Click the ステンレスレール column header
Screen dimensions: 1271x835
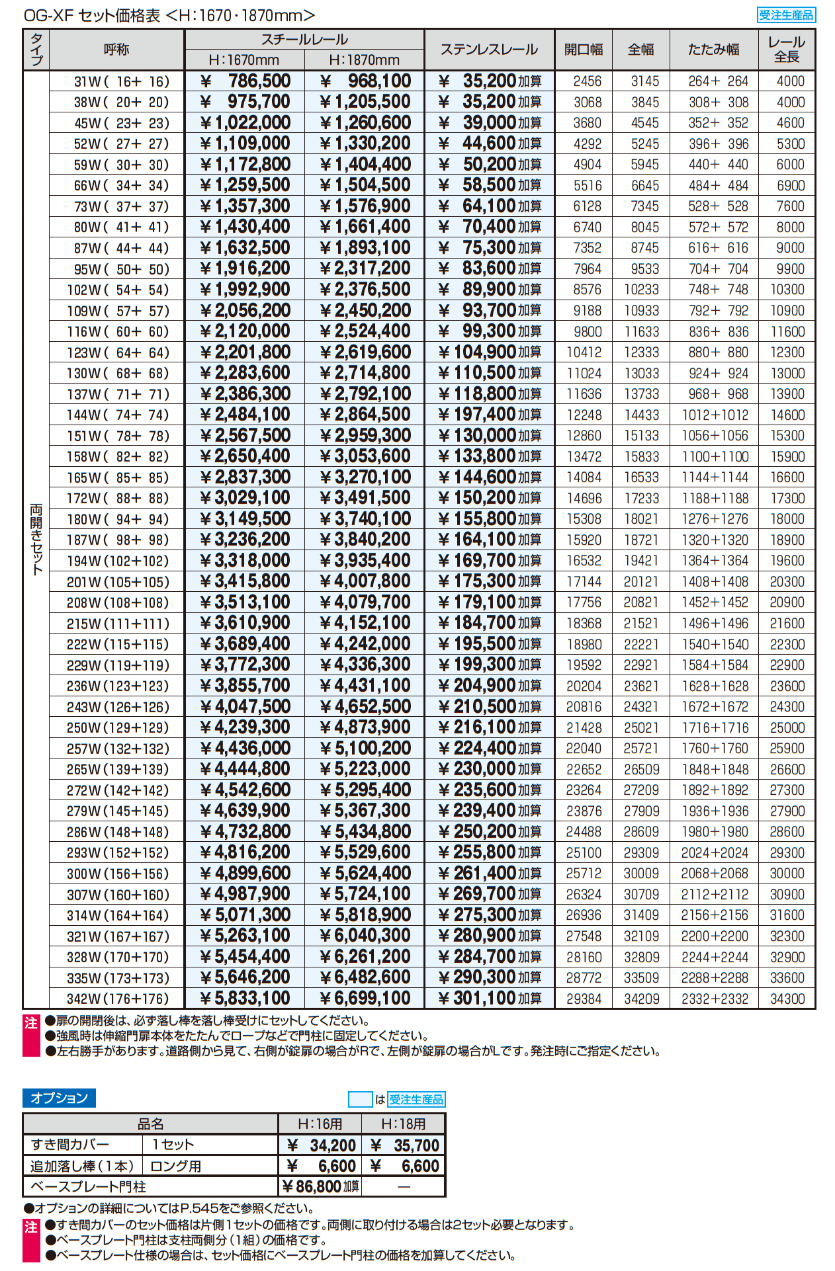point(489,50)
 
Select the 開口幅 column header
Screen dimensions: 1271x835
point(584,50)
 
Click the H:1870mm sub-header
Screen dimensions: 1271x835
point(364,60)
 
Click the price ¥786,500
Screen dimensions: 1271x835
point(245,81)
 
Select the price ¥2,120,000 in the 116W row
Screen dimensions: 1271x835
point(245,331)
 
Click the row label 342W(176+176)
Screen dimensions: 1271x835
point(118,999)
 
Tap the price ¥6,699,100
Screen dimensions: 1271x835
point(365,999)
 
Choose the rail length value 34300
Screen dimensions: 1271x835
point(787,999)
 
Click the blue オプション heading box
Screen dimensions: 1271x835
point(59,1098)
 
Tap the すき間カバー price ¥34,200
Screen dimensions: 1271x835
point(322,1145)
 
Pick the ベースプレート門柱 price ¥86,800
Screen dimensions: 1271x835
point(320,1186)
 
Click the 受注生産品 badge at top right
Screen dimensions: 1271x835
point(786,15)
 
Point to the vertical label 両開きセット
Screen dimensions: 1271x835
point(36,539)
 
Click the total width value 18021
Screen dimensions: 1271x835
point(641,519)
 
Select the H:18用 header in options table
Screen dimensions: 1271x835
point(403,1124)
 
